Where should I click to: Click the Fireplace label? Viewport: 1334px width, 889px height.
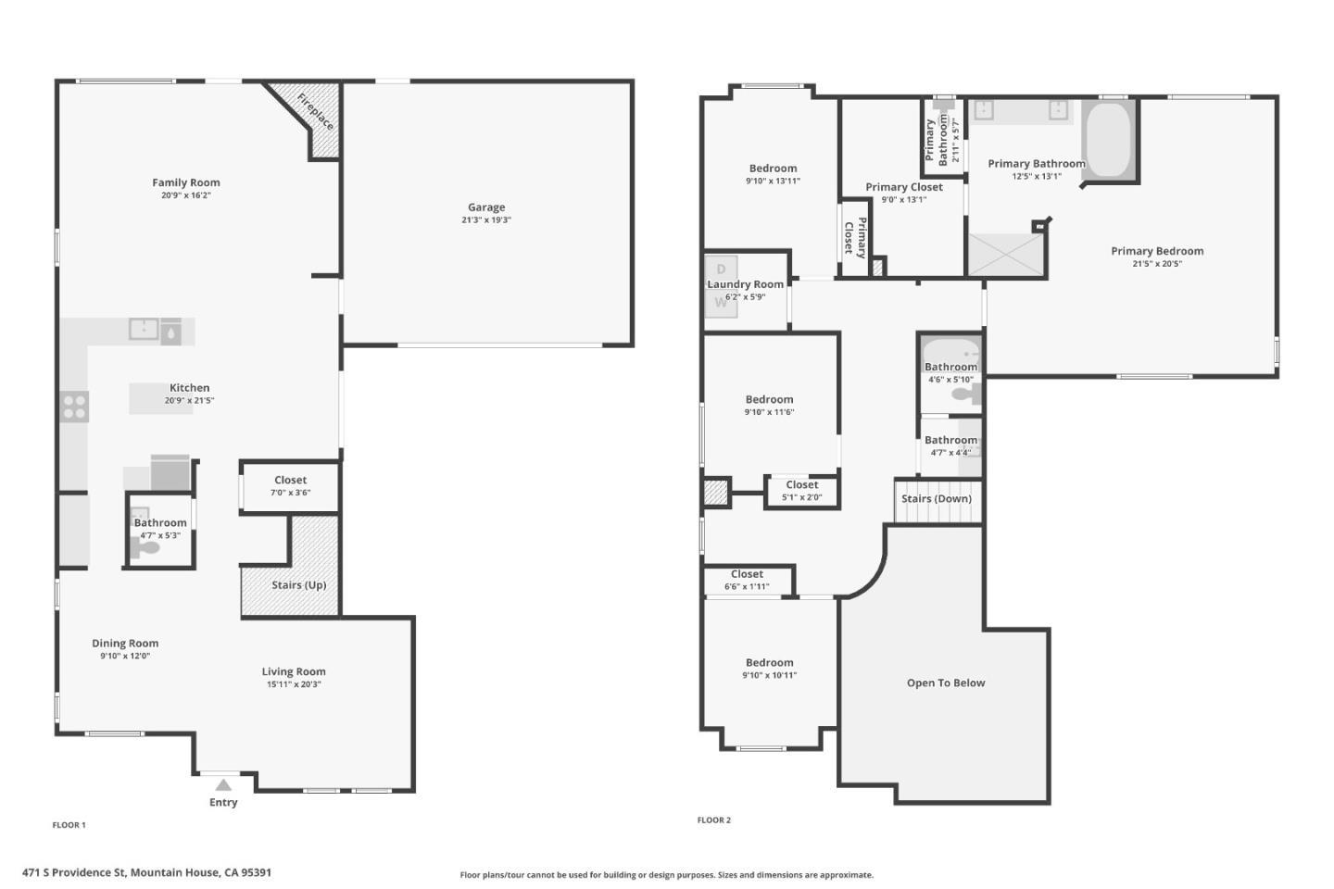click(315, 111)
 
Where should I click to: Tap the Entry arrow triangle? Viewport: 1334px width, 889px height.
click(223, 784)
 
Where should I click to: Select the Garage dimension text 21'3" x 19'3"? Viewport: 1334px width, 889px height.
click(486, 219)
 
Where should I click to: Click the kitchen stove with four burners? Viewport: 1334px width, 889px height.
click(74, 407)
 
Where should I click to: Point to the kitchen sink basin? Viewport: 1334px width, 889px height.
click(144, 329)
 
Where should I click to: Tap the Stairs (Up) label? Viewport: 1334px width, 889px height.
click(299, 584)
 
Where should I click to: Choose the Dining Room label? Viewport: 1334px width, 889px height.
click(125, 643)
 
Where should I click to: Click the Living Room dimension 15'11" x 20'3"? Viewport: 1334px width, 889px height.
click(294, 684)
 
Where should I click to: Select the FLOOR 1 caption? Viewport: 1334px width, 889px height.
click(69, 825)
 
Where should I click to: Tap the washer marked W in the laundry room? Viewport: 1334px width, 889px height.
click(721, 303)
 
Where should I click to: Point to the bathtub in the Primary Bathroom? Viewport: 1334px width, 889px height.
click(1108, 139)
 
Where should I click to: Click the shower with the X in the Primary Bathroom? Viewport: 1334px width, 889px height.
click(1005, 255)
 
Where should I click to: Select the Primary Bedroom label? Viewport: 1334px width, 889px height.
click(1157, 251)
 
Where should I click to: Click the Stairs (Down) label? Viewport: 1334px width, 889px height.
click(937, 498)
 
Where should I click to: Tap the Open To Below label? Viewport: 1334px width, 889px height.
click(946, 683)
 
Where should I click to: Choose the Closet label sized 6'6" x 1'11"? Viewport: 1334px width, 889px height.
click(747, 574)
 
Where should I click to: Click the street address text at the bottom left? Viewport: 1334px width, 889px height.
click(146, 872)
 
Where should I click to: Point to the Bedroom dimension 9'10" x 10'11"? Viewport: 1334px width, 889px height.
click(770, 675)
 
